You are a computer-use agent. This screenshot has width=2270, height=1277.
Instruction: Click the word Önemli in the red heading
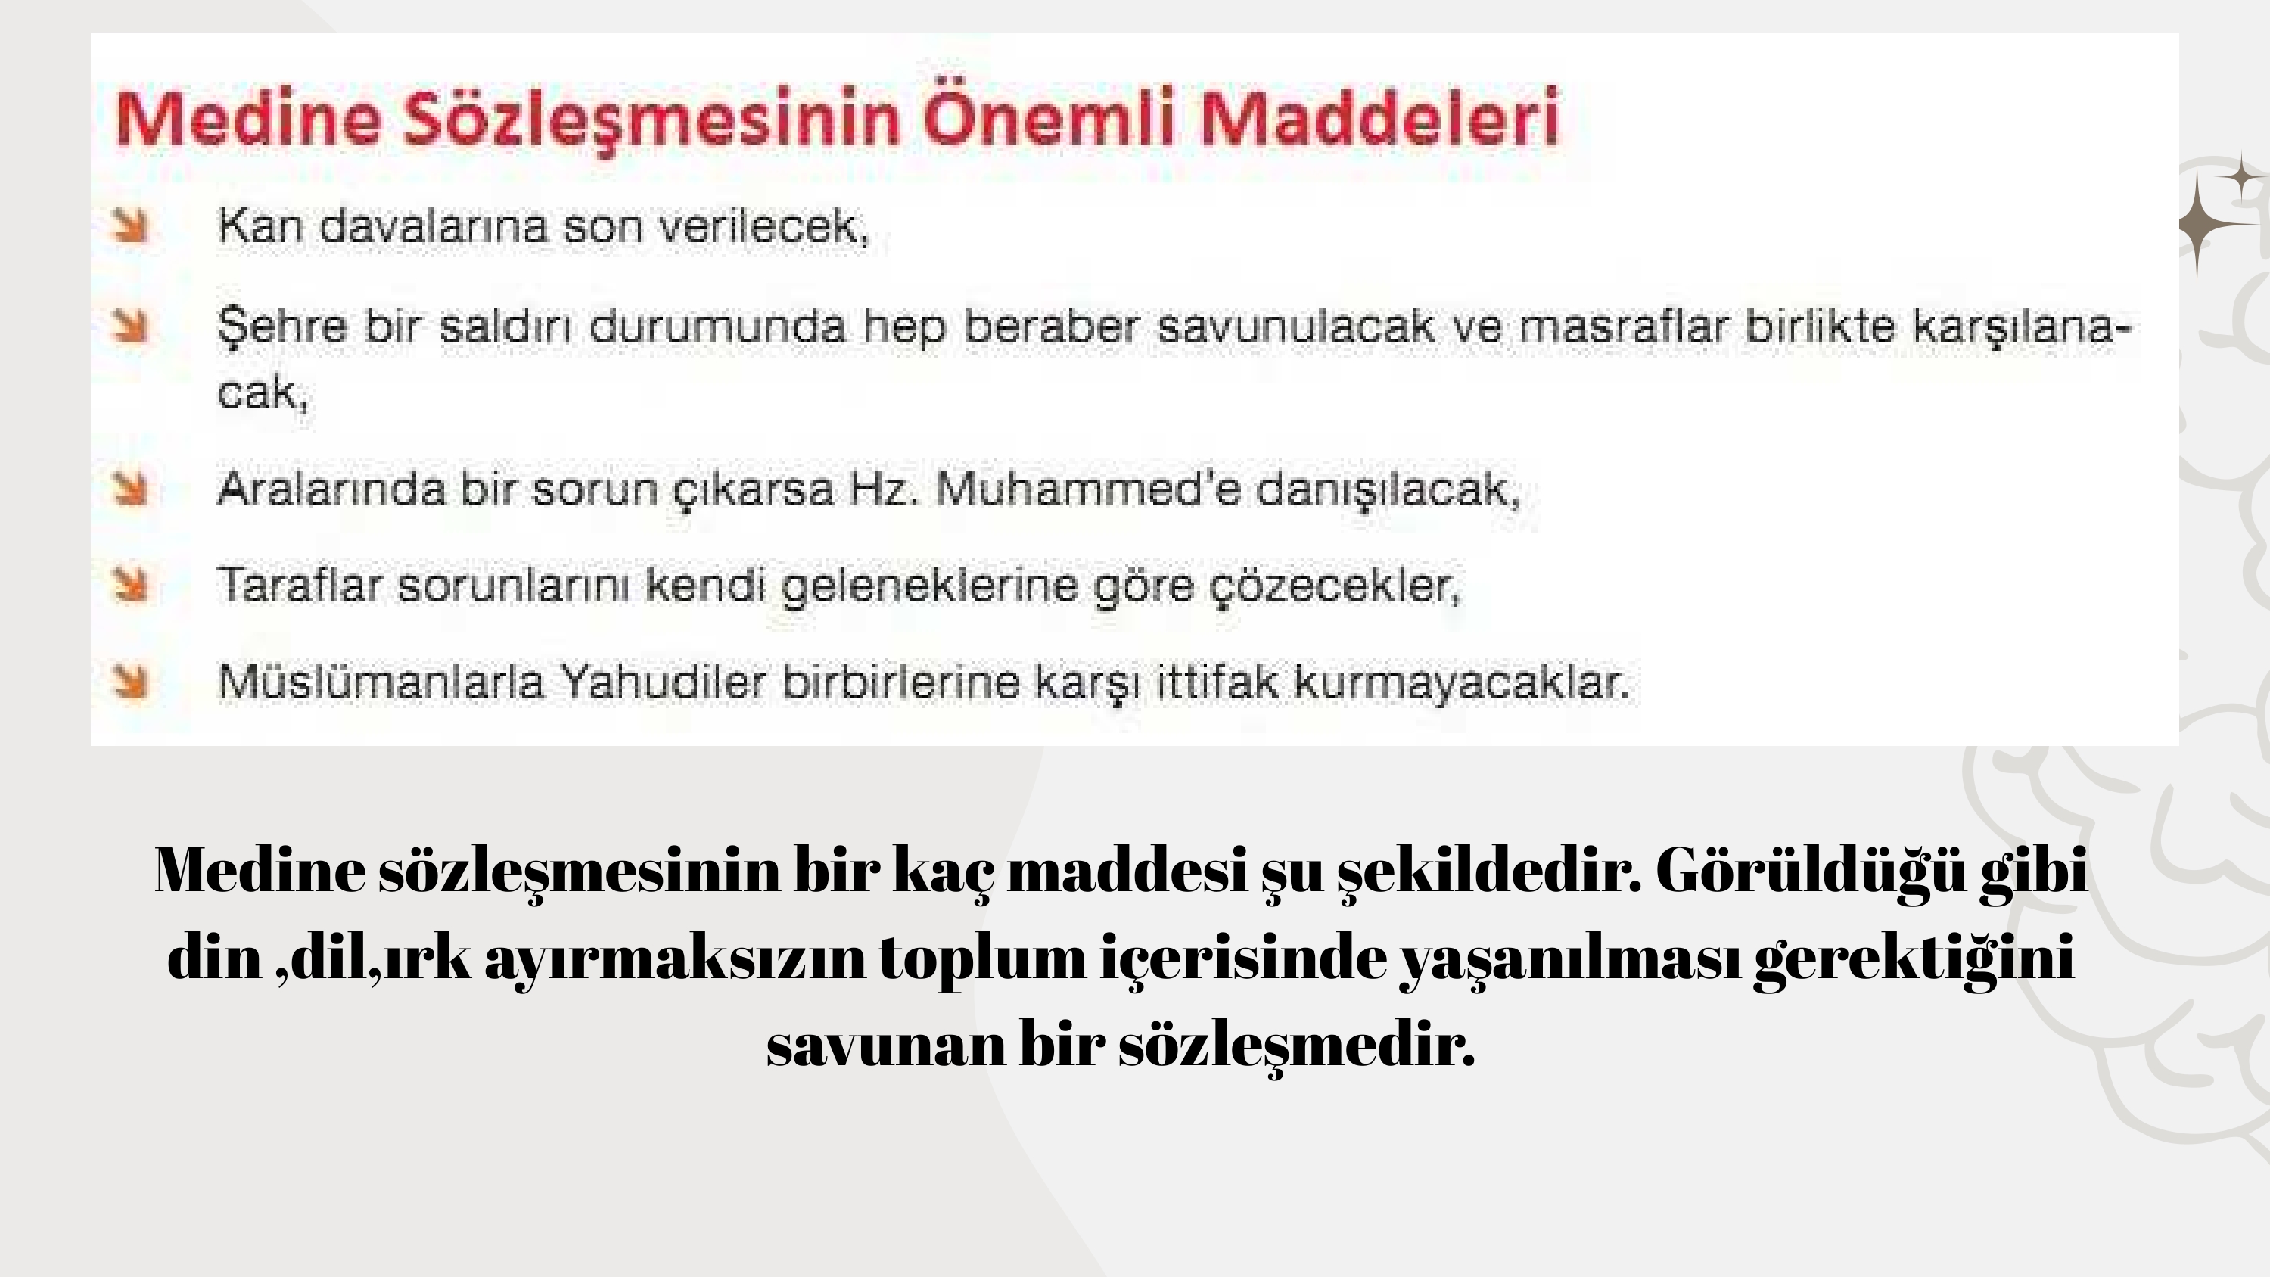[1049, 118]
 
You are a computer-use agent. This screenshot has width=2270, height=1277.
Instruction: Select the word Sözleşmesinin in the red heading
[652, 122]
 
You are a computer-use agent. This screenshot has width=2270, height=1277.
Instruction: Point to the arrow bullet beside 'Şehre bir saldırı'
[130, 325]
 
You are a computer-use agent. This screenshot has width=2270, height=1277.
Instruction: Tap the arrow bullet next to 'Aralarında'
[130, 489]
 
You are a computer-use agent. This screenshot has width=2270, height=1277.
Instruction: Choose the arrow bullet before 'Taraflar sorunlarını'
[130, 586]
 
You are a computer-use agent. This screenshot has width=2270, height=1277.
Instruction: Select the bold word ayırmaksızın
[675, 959]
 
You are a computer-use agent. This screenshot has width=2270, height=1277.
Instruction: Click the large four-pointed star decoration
[2200, 224]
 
